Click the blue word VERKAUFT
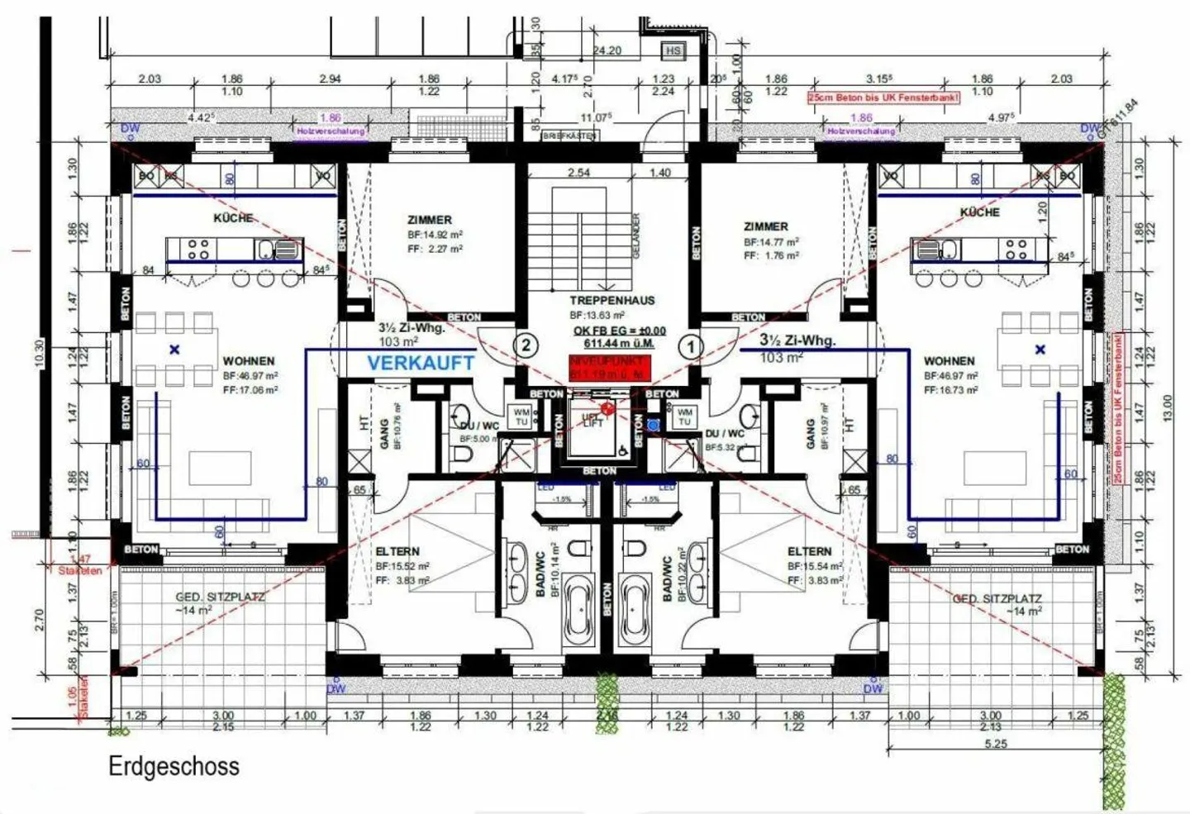[x=421, y=363]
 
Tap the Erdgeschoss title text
[x=174, y=766]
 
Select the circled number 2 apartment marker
[x=526, y=345]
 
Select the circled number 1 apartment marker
[x=691, y=346]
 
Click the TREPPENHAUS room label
[x=612, y=301]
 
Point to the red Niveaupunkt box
[x=609, y=368]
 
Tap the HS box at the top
[x=674, y=51]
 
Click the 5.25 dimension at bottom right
[x=996, y=744]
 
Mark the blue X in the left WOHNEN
[x=174, y=350]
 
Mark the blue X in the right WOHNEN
[x=1040, y=350]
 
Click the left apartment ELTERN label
[x=397, y=551]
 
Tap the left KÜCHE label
[x=233, y=218]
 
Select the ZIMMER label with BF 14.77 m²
[x=765, y=226]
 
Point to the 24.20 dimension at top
[x=607, y=50]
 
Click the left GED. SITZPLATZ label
[x=220, y=597]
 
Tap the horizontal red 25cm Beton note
[x=883, y=98]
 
